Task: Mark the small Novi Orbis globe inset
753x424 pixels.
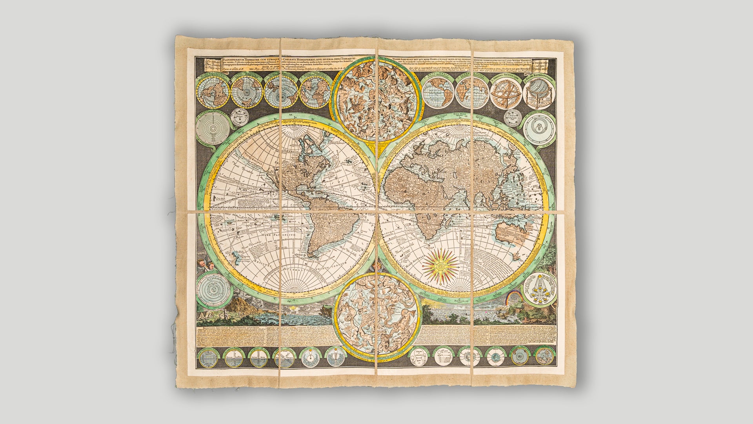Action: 439,93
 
